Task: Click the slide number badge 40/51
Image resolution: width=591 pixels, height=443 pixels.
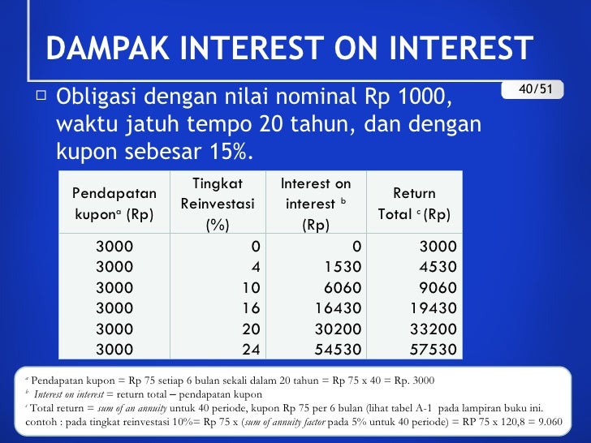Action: tap(533, 88)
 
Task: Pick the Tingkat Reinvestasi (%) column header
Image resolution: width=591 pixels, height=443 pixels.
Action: tap(218, 203)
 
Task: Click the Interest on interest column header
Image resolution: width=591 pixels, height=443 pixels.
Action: tap(315, 204)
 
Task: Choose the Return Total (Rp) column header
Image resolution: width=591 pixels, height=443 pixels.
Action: tap(414, 204)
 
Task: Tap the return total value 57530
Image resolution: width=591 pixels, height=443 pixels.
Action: tap(434, 350)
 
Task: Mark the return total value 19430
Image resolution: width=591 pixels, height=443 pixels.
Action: tap(434, 308)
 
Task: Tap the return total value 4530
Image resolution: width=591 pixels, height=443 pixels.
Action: tap(438, 267)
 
